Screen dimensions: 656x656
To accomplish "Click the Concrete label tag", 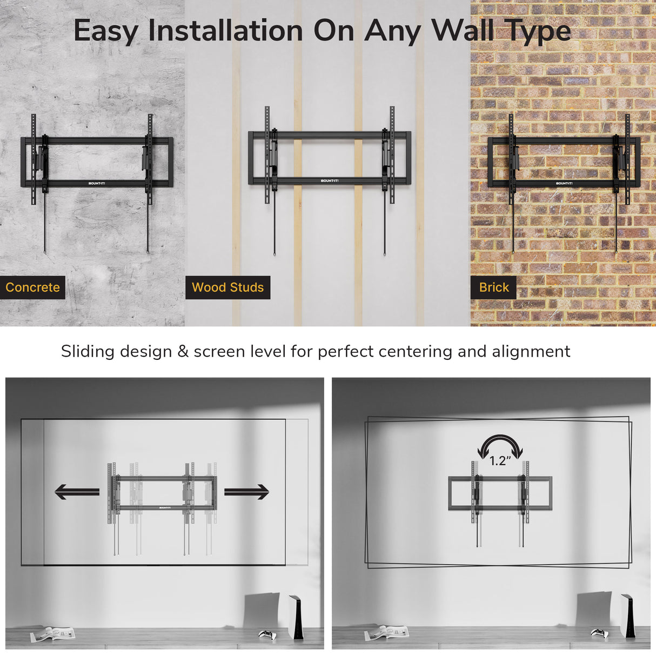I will point(32,287).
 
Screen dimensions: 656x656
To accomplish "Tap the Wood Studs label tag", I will point(227,287).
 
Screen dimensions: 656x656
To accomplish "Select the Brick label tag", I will point(494,287).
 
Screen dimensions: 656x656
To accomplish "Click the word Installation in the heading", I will point(225,30).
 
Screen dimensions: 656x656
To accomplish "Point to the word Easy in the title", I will point(105,31).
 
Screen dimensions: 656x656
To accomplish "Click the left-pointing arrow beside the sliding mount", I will point(77,492).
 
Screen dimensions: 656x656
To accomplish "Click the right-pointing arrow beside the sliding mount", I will point(246,492).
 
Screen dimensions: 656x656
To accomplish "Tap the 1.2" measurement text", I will point(500,461).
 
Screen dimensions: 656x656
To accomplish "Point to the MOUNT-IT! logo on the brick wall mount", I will point(564,183).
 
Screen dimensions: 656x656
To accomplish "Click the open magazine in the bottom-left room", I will point(52,634).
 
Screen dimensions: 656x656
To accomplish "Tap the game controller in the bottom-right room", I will point(599,633).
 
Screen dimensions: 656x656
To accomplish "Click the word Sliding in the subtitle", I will point(88,352).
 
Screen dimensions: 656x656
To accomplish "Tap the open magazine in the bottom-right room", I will point(386,633).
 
